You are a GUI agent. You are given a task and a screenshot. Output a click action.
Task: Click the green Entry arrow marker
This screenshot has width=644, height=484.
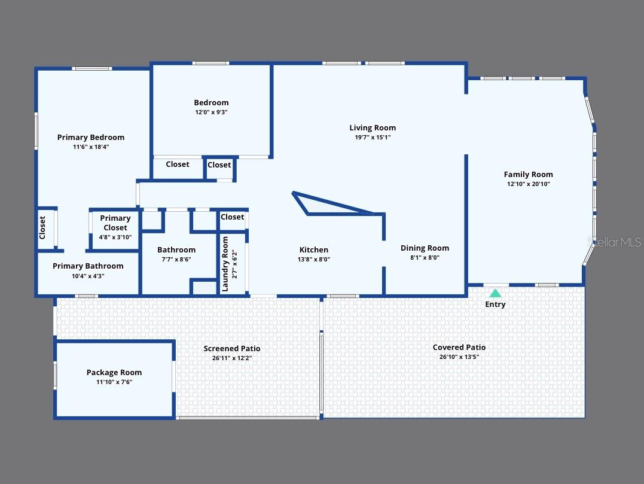[495, 293]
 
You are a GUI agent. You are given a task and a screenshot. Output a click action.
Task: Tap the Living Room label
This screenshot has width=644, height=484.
[373, 127]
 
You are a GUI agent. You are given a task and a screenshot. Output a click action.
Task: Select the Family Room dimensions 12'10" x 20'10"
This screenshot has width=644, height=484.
[528, 184]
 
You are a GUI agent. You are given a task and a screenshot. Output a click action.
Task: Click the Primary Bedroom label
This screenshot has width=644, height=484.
[91, 137]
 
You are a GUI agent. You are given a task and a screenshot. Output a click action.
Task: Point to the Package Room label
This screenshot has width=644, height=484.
[114, 372]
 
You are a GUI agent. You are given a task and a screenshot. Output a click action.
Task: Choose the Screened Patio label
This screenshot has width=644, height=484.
[232, 348]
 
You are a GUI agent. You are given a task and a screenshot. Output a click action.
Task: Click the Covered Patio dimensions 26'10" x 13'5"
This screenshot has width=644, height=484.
[459, 357]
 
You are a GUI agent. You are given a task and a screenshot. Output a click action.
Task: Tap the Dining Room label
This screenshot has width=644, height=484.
[425, 248]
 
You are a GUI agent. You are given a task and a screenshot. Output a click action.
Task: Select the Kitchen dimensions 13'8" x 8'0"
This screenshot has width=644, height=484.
[314, 260]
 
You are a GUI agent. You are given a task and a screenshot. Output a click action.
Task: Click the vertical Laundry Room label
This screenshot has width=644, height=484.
[225, 264]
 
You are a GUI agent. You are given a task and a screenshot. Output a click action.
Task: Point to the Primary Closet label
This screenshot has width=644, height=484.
[115, 223]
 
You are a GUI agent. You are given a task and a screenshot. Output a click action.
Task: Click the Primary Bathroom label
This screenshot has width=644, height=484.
[88, 266]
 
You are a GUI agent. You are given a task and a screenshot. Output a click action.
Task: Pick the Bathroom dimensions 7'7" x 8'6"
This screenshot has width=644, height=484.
[176, 260]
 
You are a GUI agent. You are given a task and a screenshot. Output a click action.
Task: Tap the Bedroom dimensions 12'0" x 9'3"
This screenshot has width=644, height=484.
[211, 112]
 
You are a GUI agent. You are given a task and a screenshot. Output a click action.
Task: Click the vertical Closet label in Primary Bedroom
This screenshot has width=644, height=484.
[42, 227]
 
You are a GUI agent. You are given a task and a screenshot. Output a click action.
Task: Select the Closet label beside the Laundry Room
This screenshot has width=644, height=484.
[232, 217]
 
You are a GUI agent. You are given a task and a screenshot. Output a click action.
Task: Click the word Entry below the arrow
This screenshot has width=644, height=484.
[495, 305]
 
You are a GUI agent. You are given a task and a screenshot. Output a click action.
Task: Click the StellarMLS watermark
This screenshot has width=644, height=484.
[616, 242]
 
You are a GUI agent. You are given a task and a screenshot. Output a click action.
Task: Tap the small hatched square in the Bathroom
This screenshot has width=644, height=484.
[203, 287]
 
